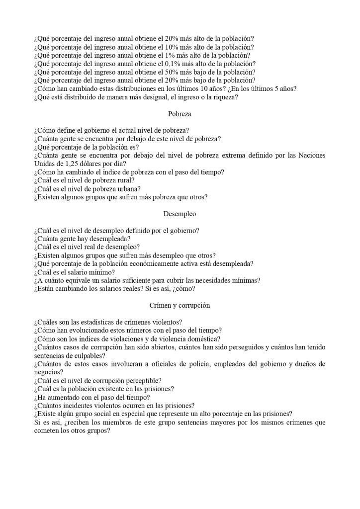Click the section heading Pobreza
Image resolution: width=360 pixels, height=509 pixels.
[x=180, y=114]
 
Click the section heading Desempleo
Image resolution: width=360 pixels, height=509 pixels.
[x=180, y=214]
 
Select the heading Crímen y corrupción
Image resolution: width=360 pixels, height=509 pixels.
[x=180, y=305]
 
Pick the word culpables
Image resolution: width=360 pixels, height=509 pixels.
[x=89, y=356]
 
